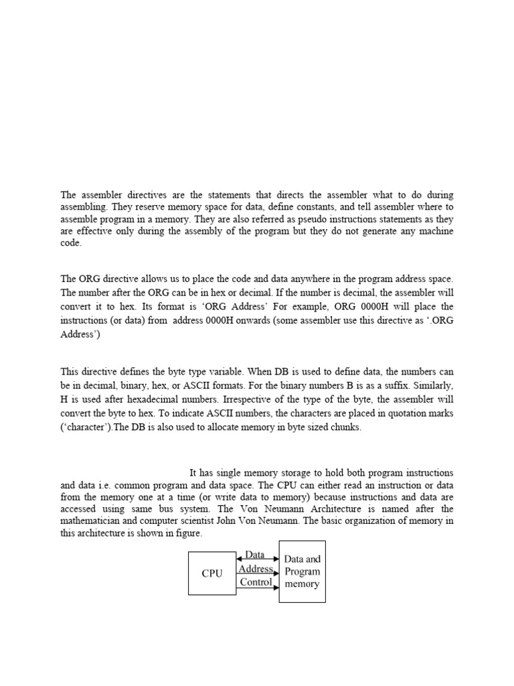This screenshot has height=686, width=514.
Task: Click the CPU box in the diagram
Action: click(x=212, y=573)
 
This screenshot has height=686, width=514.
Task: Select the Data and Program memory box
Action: click(x=302, y=571)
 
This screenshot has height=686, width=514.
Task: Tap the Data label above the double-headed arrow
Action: click(x=254, y=555)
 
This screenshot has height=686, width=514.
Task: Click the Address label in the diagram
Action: click(x=256, y=569)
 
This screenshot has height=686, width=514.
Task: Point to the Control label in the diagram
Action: click(x=256, y=582)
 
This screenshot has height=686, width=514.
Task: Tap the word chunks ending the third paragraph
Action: click(x=345, y=428)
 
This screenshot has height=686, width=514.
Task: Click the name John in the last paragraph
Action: click(x=286, y=522)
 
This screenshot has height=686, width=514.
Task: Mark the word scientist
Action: click(x=257, y=522)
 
